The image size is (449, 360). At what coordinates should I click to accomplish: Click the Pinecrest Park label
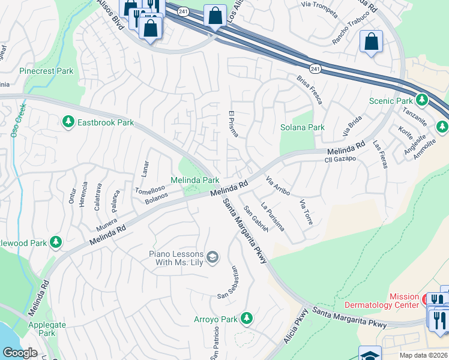click(x=46, y=71)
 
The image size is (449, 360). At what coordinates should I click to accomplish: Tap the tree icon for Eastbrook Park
click(x=68, y=122)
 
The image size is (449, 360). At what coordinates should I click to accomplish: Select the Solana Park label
click(x=303, y=127)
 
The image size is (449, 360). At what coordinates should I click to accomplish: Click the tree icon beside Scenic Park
click(x=423, y=100)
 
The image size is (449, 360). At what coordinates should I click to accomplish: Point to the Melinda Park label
click(x=194, y=180)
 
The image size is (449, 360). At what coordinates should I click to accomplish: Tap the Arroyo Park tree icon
click(x=246, y=319)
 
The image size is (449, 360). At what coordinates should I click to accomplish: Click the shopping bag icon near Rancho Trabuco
click(x=372, y=42)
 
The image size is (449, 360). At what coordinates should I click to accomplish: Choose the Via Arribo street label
click(x=278, y=186)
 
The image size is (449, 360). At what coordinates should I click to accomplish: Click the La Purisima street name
click(x=272, y=217)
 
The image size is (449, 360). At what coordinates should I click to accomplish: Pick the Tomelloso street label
click(x=148, y=189)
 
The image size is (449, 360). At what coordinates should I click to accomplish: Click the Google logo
click(x=20, y=353)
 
